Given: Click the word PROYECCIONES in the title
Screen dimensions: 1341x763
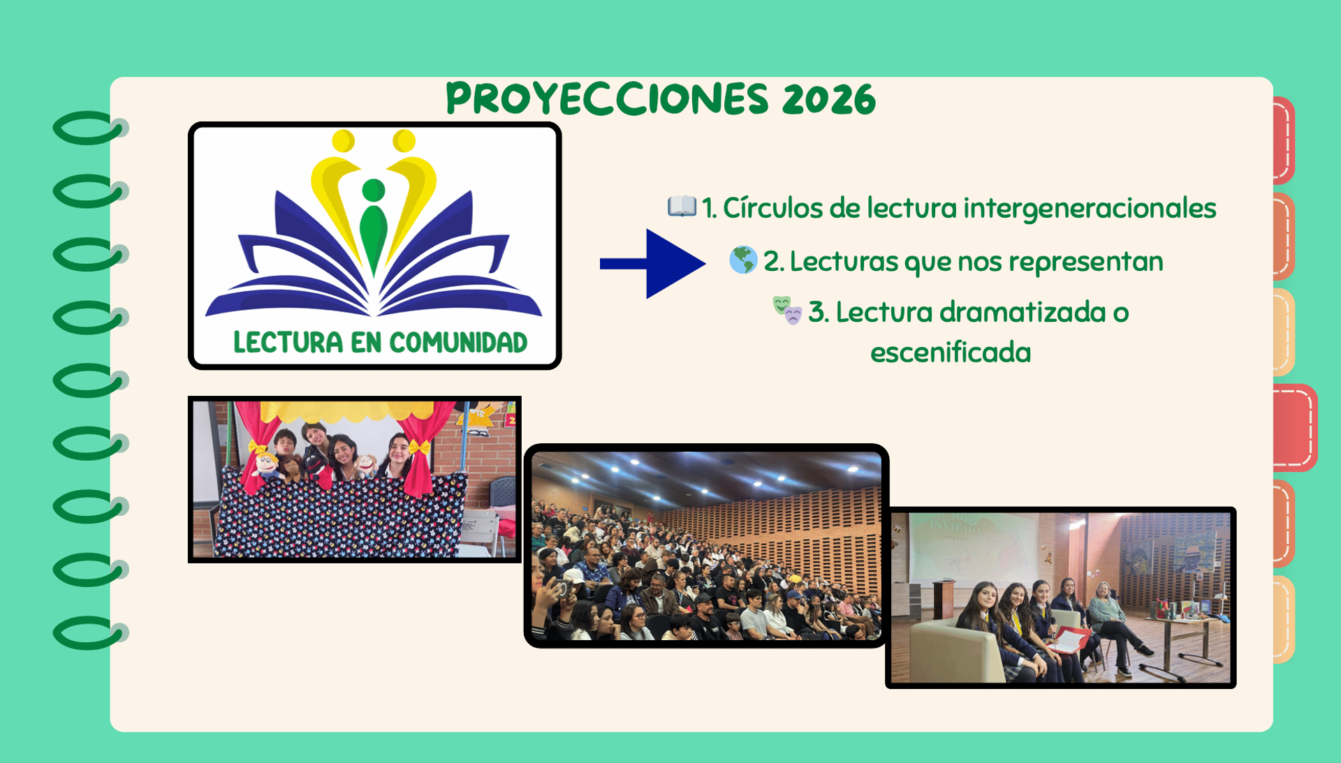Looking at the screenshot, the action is click(x=607, y=98).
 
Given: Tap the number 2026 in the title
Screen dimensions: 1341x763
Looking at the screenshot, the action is click(x=829, y=99).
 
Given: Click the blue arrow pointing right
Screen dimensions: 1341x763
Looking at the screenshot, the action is click(x=652, y=263).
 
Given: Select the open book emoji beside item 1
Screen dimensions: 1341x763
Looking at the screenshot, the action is click(x=682, y=207).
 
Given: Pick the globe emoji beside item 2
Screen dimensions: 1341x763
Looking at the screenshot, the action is click(x=743, y=260).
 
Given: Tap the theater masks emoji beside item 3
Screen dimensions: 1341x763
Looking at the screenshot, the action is click(x=787, y=310).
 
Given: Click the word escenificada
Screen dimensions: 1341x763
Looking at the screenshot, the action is click(x=950, y=353).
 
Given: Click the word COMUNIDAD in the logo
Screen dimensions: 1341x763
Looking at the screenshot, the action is click(x=458, y=343).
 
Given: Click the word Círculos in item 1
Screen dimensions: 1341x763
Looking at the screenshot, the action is click(x=772, y=208).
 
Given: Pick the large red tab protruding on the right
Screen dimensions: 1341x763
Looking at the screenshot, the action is click(x=1295, y=427).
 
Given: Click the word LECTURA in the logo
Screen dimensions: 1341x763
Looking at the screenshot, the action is click(x=288, y=343).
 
